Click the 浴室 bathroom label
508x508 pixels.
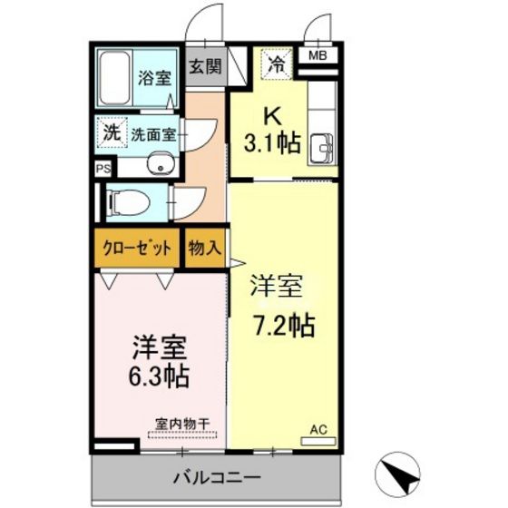pyautogui.click(x=154, y=79)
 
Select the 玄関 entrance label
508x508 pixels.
pyautogui.click(x=205, y=66)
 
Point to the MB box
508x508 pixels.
pyautogui.click(x=318, y=56)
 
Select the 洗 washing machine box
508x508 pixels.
pyautogui.click(x=111, y=131)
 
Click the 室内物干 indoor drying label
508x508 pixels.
pyautogui.click(x=182, y=423)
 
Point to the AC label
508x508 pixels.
pyautogui.click(x=318, y=429)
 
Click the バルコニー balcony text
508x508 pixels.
pyautogui.click(x=218, y=475)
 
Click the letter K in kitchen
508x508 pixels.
pyautogui.click(x=270, y=116)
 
